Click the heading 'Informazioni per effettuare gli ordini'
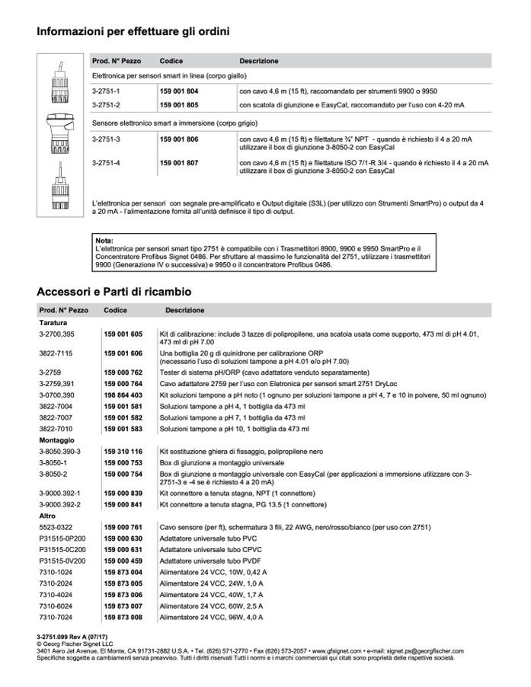click(133, 32)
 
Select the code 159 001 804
click(179, 91)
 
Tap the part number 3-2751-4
click(106, 162)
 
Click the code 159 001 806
click(179, 140)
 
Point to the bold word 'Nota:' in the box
click(104, 241)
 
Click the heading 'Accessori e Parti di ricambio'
click(114, 292)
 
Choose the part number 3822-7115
click(54, 354)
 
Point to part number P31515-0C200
click(62, 549)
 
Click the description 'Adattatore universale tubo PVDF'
click(206, 561)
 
